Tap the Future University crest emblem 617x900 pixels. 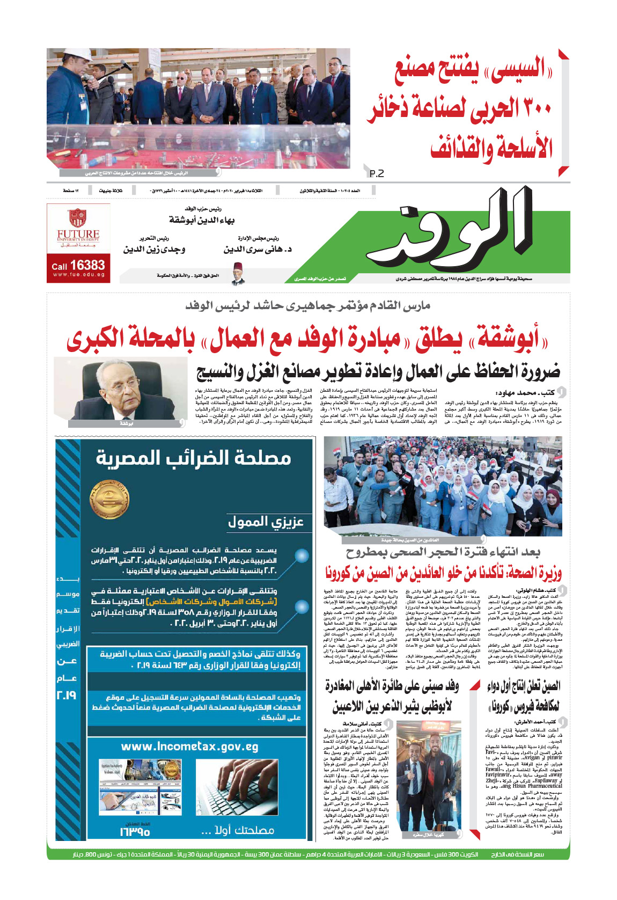click(78, 217)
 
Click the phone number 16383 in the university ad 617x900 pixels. click(87, 265)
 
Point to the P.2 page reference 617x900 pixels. click(377, 173)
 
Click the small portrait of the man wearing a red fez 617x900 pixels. click(238, 273)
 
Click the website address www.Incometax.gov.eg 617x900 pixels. click(189, 747)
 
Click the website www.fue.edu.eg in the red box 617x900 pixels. click(78, 275)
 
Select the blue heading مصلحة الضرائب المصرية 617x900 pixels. click(193, 458)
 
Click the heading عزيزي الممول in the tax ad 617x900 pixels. click(266, 521)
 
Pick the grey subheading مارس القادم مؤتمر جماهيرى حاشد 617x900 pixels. click(308, 306)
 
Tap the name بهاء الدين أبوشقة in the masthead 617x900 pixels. click(202, 220)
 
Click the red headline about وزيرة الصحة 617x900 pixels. click(443, 573)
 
